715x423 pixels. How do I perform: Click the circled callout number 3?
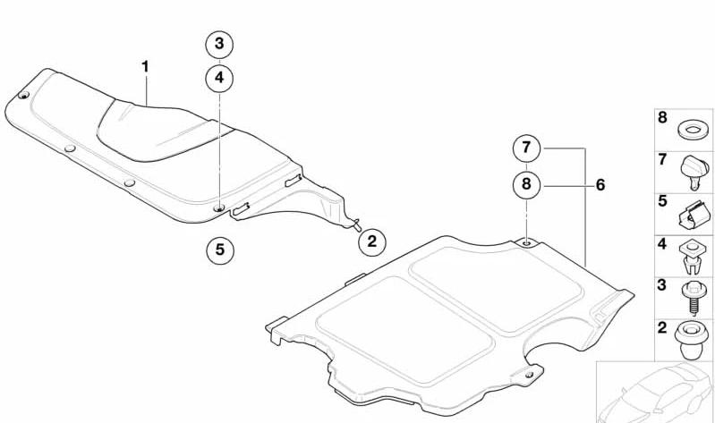tap(219, 44)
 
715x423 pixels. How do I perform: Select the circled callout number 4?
tap(219, 78)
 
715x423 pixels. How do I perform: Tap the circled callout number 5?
tap(220, 250)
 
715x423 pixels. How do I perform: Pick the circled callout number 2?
tap(371, 242)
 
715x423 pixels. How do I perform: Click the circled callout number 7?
tap(526, 148)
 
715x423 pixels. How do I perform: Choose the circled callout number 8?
tap(526, 184)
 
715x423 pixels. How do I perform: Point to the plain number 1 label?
tap(145, 67)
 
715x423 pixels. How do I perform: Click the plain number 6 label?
tap(600, 185)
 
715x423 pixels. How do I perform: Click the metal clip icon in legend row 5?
tap(694, 216)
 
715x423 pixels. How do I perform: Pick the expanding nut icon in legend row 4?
tap(694, 257)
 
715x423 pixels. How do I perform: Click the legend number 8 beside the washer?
tap(662, 118)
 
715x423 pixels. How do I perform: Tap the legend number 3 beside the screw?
tap(662, 285)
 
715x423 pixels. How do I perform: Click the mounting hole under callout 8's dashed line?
tap(527, 243)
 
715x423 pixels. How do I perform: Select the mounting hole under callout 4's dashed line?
tap(219, 208)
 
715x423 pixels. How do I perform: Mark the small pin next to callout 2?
tap(356, 224)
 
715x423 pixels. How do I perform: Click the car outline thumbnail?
tap(655, 392)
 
